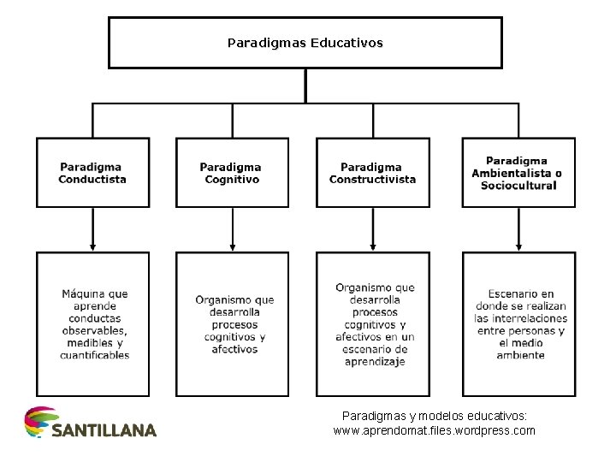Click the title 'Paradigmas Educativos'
tap(305, 41)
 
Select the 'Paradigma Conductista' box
tap(92, 172)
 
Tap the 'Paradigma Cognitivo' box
tap(231, 172)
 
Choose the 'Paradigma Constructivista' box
tap(372, 172)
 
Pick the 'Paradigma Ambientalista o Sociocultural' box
tap(518, 172)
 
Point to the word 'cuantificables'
tap(95, 355)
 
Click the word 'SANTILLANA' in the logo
tap(104, 430)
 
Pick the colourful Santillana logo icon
tap(38, 422)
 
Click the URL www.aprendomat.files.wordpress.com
tap(434, 430)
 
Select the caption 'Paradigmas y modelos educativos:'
tap(434, 415)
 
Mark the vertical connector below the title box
tap(305, 86)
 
